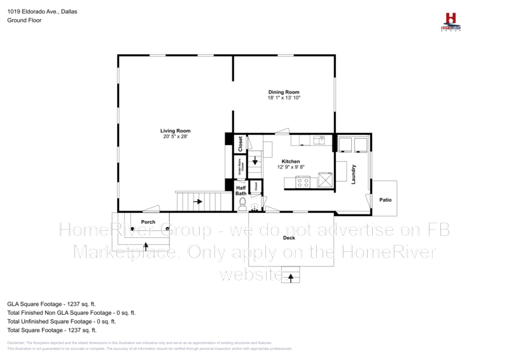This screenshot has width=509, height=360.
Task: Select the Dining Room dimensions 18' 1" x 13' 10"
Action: click(x=283, y=97)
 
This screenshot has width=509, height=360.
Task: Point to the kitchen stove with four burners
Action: click(x=303, y=183)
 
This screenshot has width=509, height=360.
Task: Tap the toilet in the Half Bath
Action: click(x=242, y=204)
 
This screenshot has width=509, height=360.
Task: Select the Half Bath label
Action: click(x=241, y=190)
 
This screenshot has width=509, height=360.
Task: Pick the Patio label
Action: click(x=386, y=200)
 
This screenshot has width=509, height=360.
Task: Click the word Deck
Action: click(x=288, y=237)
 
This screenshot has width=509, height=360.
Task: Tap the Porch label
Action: click(x=148, y=221)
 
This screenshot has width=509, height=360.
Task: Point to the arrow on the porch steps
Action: click(x=146, y=245)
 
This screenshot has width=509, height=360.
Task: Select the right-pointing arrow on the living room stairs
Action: click(x=198, y=202)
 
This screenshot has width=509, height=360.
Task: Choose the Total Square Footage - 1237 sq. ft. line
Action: click(x=52, y=330)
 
